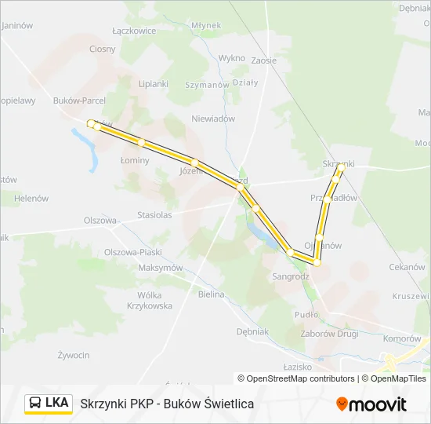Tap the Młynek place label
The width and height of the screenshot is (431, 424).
coord(205,25)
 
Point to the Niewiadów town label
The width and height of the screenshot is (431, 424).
coord(213,119)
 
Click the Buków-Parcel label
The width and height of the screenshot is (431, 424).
coord(79,101)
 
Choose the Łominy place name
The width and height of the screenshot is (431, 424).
coord(135,159)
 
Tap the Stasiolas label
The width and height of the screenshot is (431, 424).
coord(154,214)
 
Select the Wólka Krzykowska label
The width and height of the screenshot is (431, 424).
coord(149,301)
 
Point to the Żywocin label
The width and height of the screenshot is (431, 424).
coord(73,355)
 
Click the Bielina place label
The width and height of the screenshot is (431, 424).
coord(211,294)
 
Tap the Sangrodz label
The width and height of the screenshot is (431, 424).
coord(291,276)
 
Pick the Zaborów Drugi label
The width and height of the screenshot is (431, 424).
coord(329,333)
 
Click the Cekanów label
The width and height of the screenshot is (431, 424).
coord(407,267)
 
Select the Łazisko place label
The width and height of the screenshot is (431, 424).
coord(298,367)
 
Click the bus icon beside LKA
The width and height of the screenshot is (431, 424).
coord(36,404)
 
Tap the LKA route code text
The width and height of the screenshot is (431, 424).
coord(57,404)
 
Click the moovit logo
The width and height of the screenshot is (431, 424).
coord(371,404)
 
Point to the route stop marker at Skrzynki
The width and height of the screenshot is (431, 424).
coord(341,167)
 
